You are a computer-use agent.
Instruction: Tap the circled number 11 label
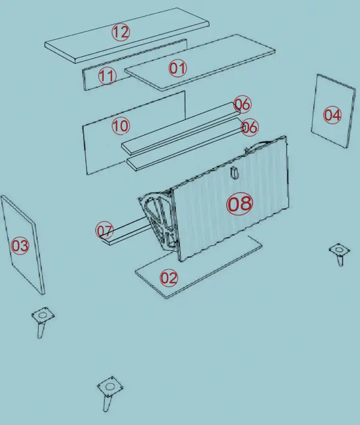107,76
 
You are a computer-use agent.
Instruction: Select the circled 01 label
178,68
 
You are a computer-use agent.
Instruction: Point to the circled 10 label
120,126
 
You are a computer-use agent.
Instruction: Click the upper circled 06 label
243,104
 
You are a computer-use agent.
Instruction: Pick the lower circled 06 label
249,127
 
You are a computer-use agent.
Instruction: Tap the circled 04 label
332,115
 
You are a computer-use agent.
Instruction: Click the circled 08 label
240,204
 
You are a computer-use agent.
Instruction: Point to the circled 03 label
20,246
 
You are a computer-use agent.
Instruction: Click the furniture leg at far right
340,254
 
